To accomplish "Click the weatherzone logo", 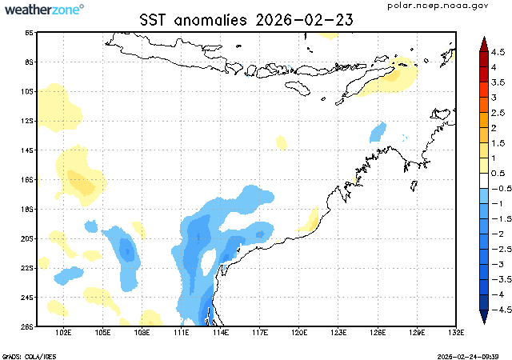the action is click(x=45, y=9).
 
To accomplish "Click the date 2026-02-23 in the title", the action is click(x=304, y=20).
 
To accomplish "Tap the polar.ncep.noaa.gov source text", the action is click(x=438, y=6).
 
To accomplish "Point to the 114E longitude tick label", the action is click(x=221, y=333).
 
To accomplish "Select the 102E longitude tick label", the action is click(x=63, y=333).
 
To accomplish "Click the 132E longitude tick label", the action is click(x=456, y=333).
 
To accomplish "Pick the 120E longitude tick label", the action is click(x=299, y=333).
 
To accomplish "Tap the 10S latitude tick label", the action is click(x=28, y=91).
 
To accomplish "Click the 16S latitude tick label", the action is click(x=28, y=180).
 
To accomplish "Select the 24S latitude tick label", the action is click(x=28, y=298).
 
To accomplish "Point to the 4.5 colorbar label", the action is click(x=498, y=52).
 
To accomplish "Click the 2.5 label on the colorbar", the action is click(x=498, y=113).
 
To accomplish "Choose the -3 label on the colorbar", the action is click(x=498, y=264).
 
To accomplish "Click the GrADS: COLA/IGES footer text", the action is click(x=30, y=357).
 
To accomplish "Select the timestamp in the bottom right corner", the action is click(x=468, y=357).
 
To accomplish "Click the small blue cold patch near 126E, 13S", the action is click(x=378, y=132).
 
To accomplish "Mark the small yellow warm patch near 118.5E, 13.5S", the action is click(x=281, y=142).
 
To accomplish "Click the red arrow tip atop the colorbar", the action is click(x=484, y=38).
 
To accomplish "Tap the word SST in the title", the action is click(x=153, y=20).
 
